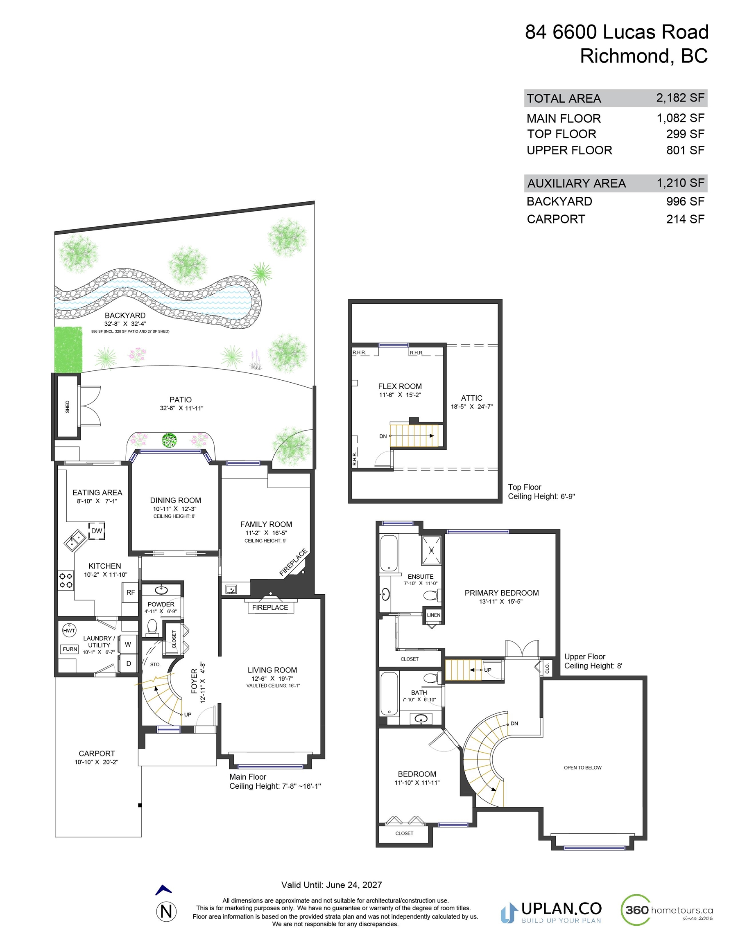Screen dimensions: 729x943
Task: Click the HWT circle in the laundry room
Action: pyautogui.click(x=69, y=630)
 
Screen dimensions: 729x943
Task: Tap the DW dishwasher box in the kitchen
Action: pyautogui.click(x=97, y=531)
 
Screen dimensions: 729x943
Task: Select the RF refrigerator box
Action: pyautogui.click(x=131, y=592)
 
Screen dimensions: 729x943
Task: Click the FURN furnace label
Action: pyautogui.click(x=70, y=649)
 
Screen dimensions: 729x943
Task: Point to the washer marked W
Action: pyautogui.click(x=128, y=644)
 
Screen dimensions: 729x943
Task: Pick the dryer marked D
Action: pyautogui.click(x=128, y=663)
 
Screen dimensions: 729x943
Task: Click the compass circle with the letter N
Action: pyautogui.click(x=166, y=911)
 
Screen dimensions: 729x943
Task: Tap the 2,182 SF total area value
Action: pyautogui.click(x=680, y=98)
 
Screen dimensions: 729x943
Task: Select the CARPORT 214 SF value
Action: pyautogui.click(x=685, y=219)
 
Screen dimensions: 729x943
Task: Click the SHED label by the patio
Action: pyautogui.click(x=68, y=406)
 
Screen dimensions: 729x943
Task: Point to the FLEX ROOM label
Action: pyautogui.click(x=400, y=386)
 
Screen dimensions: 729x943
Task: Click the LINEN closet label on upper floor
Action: pyautogui.click(x=433, y=615)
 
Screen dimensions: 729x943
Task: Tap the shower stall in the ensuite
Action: pyautogui.click(x=431, y=550)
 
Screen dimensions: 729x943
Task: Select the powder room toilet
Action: pyautogui.click(x=152, y=627)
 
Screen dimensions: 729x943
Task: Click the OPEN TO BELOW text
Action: pyautogui.click(x=582, y=767)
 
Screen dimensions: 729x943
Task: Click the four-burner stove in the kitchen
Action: pyautogui.click(x=66, y=580)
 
